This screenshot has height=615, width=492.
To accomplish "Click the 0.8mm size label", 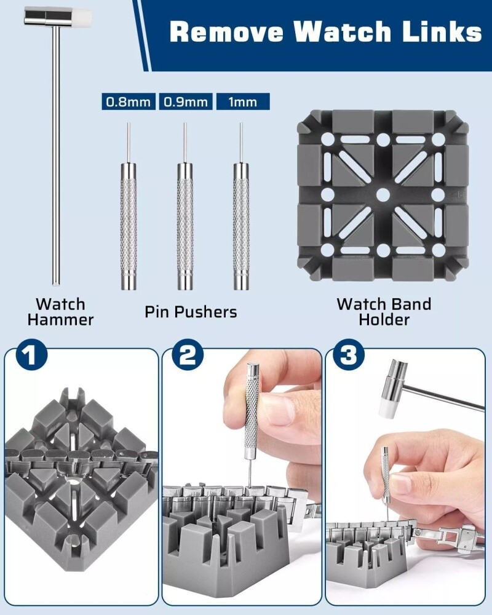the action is click(129, 101).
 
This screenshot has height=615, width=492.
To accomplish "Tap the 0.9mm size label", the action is click(186, 101).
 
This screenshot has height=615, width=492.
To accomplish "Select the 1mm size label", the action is click(243, 101).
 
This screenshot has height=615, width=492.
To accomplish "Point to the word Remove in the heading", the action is click(226, 31).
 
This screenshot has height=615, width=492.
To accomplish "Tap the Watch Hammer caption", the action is click(60, 312).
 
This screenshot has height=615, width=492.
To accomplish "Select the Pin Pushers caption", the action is click(191, 312).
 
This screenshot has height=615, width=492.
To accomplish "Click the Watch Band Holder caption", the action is click(384, 312).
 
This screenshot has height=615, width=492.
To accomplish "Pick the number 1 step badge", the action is click(31, 355).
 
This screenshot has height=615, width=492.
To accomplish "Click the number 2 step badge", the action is click(189, 355).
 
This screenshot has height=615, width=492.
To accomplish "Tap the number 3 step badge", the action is click(349, 355).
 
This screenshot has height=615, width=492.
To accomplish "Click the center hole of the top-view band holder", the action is click(383, 195).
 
